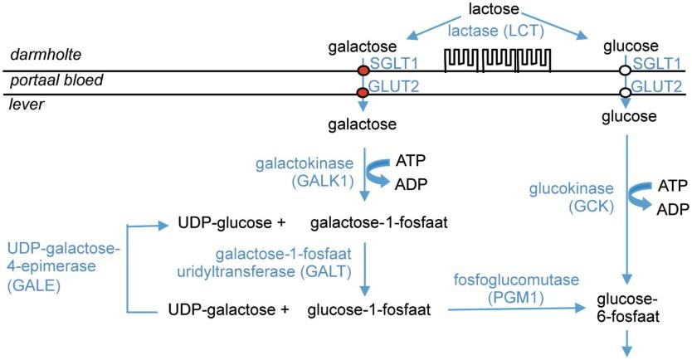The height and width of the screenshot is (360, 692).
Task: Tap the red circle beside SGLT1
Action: [363, 71]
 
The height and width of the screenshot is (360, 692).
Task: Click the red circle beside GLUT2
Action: [363, 93]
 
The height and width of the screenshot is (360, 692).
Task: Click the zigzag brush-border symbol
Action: [498, 61]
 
